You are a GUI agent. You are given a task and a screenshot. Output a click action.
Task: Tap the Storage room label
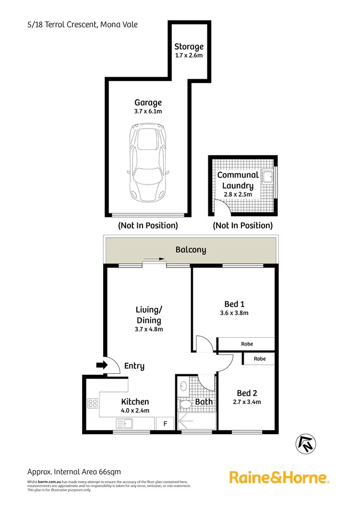pyautogui.click(x=189, y=47)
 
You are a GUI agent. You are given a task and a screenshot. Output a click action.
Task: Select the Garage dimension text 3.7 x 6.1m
pyautogui.click(x=147, y=112)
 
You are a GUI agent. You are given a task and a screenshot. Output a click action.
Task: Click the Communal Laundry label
pyautogui.click(x=238, y=180)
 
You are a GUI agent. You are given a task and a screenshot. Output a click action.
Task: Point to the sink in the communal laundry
pyautogui.click(x=267, y=176)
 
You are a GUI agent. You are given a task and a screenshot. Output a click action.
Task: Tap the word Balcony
pyautogui.click(x=191, y=249)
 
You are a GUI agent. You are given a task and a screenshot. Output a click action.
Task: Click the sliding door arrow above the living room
pyautogui.click(x=154, y=260)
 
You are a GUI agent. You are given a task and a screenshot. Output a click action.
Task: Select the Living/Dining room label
pyautogui.click(x=148, y=315)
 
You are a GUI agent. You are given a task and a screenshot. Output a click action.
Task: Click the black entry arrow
pyautogui.click(x=101, y=366)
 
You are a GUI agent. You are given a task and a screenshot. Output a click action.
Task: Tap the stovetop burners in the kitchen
pyautogui.click(x=93, y=403)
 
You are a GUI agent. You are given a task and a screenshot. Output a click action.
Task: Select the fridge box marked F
pyautogui.click(x=166, y=424)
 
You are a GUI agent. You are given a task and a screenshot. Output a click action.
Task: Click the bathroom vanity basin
pyautogui.click(x=183, y=386)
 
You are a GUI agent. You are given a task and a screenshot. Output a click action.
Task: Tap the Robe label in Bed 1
pyautogui.click(x=246, y=344)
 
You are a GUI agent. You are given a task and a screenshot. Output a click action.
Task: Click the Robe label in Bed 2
pyautogui.click(x=259, y=358)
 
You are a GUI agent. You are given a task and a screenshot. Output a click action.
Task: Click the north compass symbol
pyautogui.click(x=305, y=443)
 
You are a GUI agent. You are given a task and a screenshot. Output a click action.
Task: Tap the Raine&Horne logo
pyautogui.click(x=279, y=477)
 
